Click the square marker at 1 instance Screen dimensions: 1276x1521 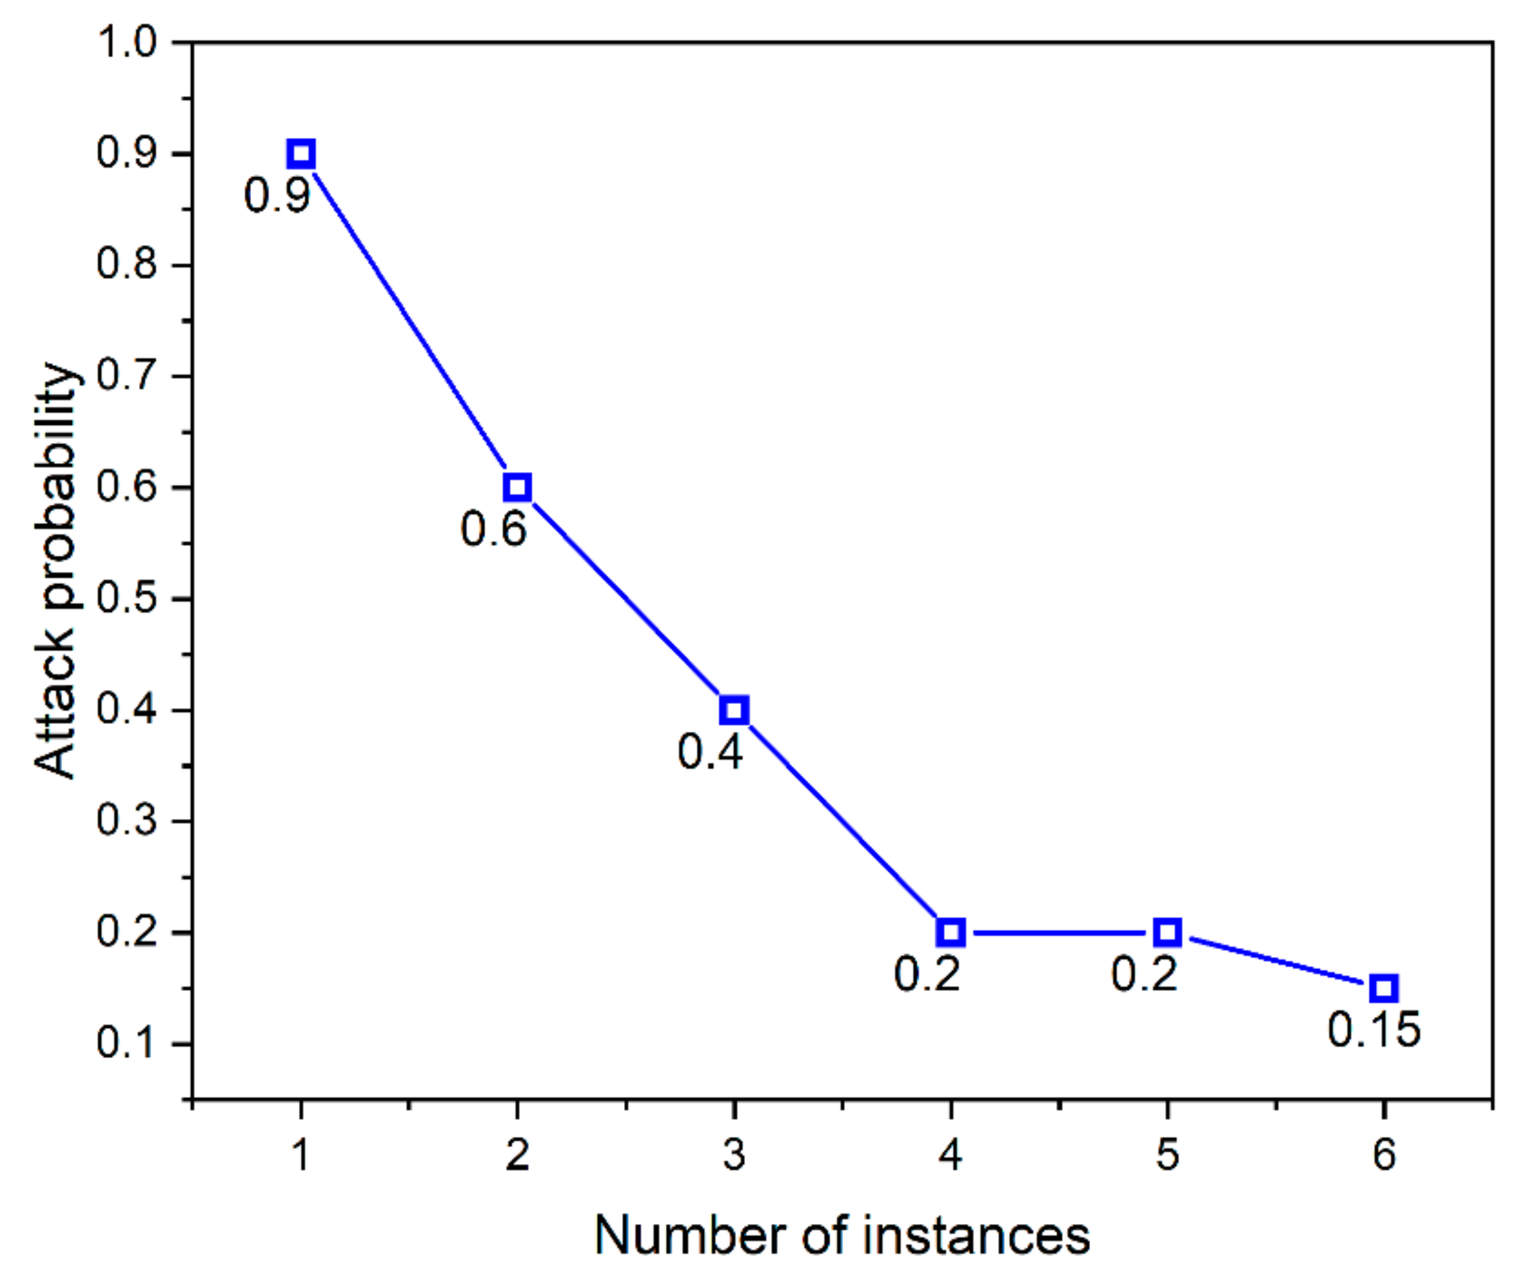pyautogui.click(x=300, y=155)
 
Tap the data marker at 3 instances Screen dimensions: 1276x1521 pyautogui.click(x=734, y=711)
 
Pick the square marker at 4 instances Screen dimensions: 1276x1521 pyautogui.click(x=950, y=933)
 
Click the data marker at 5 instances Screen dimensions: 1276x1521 pyautogui.click(x=1167, y=933)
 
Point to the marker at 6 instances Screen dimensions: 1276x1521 pyautogui.click(x=1383, y=988)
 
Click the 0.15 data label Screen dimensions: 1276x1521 pyautogui.click(x=1374, y=1030)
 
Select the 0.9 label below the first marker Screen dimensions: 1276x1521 pyautogui.click(x=278, y=196)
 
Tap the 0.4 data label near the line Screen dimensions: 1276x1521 pyautogui.click(x=711, y=752)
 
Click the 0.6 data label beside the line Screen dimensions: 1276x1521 pyautogui.click(x=494, y=529)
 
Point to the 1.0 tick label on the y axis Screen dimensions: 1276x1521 pyautogui.click(x=127, y=42)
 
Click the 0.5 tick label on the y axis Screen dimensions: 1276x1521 pyautogui.click(x=127, y=599)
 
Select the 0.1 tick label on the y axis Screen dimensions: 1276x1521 pyautogui.click(x=127, y=1044)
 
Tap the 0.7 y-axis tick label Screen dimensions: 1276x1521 pyautogui.click(x=127, y=376)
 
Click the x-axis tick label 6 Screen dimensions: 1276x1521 pyautogui.click(x=1383, y=1154)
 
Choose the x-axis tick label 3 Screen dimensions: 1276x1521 pyautogui.click(x=734, y=1154)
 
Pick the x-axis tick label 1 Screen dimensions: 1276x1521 pyautogui.click(x=300, y=1154)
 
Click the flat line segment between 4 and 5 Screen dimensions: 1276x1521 pyautogui.click(x=1059, y=933)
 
